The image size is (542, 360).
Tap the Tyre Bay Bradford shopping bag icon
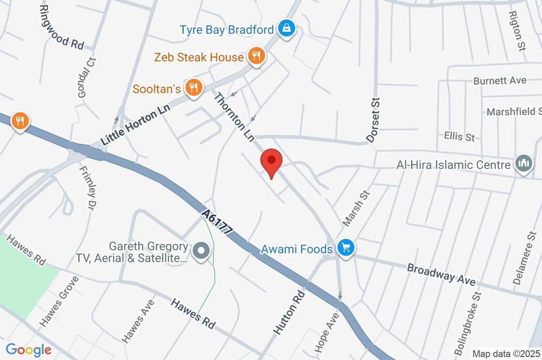(x=287, y=29)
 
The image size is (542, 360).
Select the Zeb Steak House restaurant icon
(x=256, y=55)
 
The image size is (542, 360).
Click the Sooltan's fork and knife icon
(x=194, y=88)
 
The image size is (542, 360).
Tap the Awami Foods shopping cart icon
(x=346, y=248)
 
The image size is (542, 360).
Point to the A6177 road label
(x=218, y=222)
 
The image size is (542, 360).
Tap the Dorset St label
(x=374, y=119)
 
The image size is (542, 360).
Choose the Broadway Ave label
(x=441, y=275)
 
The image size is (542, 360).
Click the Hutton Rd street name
(x=289, y=312)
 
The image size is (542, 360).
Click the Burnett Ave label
(x=500, y=80)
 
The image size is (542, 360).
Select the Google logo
(x=28, y=350)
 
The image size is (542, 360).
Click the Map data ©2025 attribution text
(x=506, y=354)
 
